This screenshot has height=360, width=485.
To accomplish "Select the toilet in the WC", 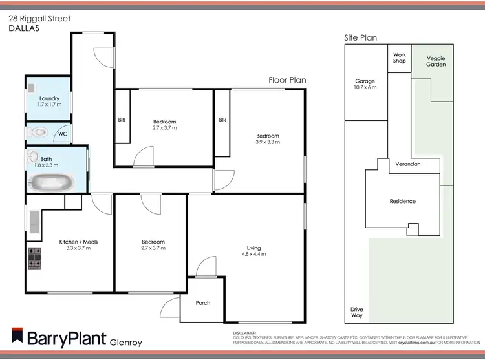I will pyautogui.click(x=39, y=133).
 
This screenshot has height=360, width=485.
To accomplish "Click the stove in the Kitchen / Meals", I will pyautogui.click(x=34, y=259).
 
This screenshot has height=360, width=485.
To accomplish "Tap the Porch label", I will pyautogui.click(x=202, y=302).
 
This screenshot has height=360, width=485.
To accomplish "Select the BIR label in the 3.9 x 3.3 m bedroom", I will pyautogui.click(x=222, y=120).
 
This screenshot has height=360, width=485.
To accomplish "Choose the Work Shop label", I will pyautogui.click(x=399, y=58).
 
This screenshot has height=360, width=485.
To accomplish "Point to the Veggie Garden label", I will pyautogui.click(x=436, y=61).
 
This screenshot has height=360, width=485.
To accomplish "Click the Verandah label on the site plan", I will pyautogui.click(x=408, y=164).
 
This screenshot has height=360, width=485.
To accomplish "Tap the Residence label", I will pyautogui.click(x=402, y=201).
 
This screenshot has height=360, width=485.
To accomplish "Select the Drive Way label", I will pyautogui.click(x=356, y=312).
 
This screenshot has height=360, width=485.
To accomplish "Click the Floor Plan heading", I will pyautogui.click(x=287, y=80).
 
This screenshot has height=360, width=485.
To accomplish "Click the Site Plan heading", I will pyautogui.click(x=360, y=38).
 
